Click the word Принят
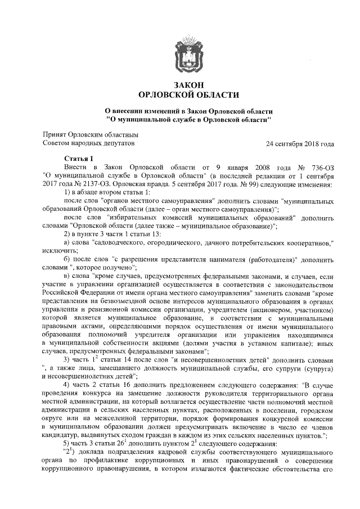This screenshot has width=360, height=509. coord(55,134)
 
